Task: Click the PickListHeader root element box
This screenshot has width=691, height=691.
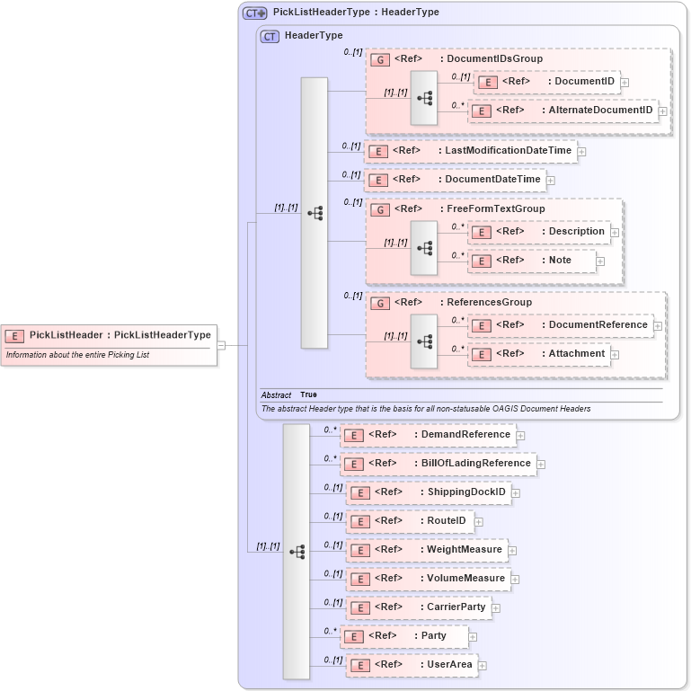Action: (x=109, y=336)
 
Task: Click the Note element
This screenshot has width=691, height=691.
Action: (x=532, y=261)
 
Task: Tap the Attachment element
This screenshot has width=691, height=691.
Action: (x=538, y=354)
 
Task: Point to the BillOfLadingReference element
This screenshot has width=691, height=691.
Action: (x=438, y=464)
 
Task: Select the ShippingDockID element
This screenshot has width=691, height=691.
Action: (x=429, y=492)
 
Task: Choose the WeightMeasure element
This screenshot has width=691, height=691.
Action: (x=428, y=550)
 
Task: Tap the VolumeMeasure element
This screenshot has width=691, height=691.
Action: (x=429, y=579)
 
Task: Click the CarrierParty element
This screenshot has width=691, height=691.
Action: (x=420, y=607)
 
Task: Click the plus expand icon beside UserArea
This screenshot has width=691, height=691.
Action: (x=483, y=666)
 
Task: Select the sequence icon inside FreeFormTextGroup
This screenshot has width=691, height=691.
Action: (x=424, y=247)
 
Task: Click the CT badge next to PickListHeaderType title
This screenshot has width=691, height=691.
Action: (x=255, y=13)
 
